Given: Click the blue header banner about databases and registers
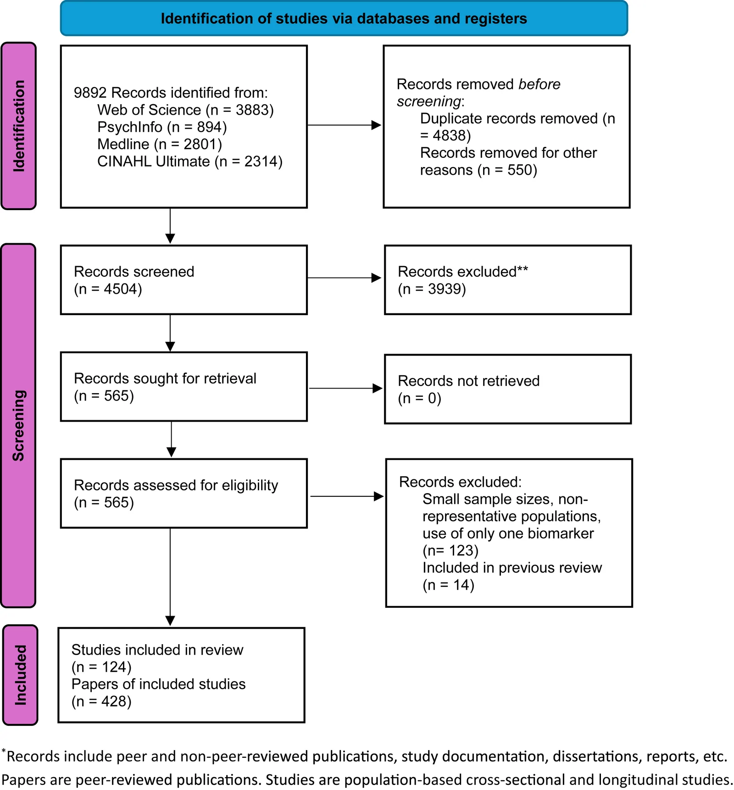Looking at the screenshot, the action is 344,18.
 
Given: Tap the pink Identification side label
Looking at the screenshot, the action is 19,126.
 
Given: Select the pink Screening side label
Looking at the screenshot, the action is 19,425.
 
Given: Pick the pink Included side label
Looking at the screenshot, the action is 20,675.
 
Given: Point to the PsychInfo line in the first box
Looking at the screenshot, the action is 162,127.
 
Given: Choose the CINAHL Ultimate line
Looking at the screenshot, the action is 190,161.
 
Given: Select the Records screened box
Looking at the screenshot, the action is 184,280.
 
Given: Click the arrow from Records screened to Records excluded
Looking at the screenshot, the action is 344,278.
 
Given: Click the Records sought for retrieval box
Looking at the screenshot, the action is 184,387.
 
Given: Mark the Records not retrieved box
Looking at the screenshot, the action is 508,389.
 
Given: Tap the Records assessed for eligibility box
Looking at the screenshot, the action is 184,493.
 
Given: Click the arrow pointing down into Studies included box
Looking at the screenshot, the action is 170,577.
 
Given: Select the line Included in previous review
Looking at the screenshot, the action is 512,568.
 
